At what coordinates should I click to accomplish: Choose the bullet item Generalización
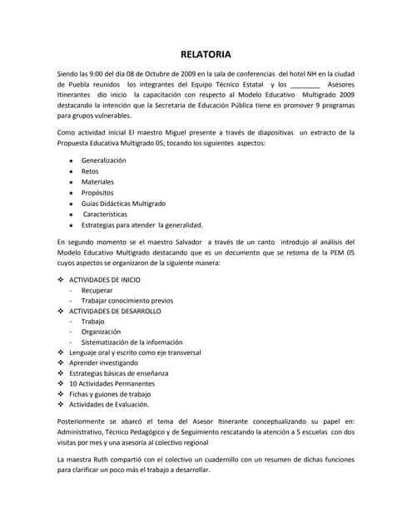point(103,160)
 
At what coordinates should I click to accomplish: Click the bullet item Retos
point(90,170)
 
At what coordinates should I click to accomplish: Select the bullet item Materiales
point(97,181)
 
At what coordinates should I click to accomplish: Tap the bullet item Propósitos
point(98,192)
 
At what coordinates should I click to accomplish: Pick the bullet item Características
point(107,214)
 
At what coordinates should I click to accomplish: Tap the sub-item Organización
point(102,332)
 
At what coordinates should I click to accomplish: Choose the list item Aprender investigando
point(109,363)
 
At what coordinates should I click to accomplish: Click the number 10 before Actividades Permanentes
point(73,384)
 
